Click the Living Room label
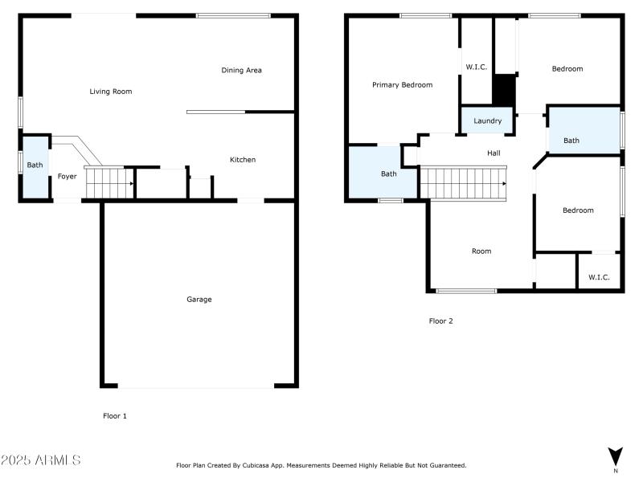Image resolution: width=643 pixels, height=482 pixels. point(110,92)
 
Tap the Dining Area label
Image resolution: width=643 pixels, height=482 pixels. point(241,71)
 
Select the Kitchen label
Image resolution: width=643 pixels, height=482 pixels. point(243,160)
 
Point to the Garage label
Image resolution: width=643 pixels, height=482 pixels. point(199,300)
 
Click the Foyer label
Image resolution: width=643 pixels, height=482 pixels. point(67,176)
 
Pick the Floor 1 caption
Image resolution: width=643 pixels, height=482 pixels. point(115,416)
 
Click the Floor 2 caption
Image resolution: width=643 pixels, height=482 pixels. point(440,321)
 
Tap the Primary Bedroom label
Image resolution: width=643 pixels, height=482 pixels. point(402,85)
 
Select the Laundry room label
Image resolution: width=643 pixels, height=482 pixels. point(487,121)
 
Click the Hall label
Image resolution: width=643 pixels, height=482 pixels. point(494,153)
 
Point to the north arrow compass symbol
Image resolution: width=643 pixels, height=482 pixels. point(615,456)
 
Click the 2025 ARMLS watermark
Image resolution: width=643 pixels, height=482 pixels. point(40,460)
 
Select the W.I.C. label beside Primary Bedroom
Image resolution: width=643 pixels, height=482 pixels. point(477,67)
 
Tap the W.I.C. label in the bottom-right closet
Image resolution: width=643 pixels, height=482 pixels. point(599,277)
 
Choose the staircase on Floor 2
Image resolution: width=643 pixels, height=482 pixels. point(464,182)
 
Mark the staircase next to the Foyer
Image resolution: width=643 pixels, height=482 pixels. point(108,182)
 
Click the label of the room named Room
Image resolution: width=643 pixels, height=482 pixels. point(481,251)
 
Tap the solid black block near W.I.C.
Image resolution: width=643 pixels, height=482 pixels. point(503,89)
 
